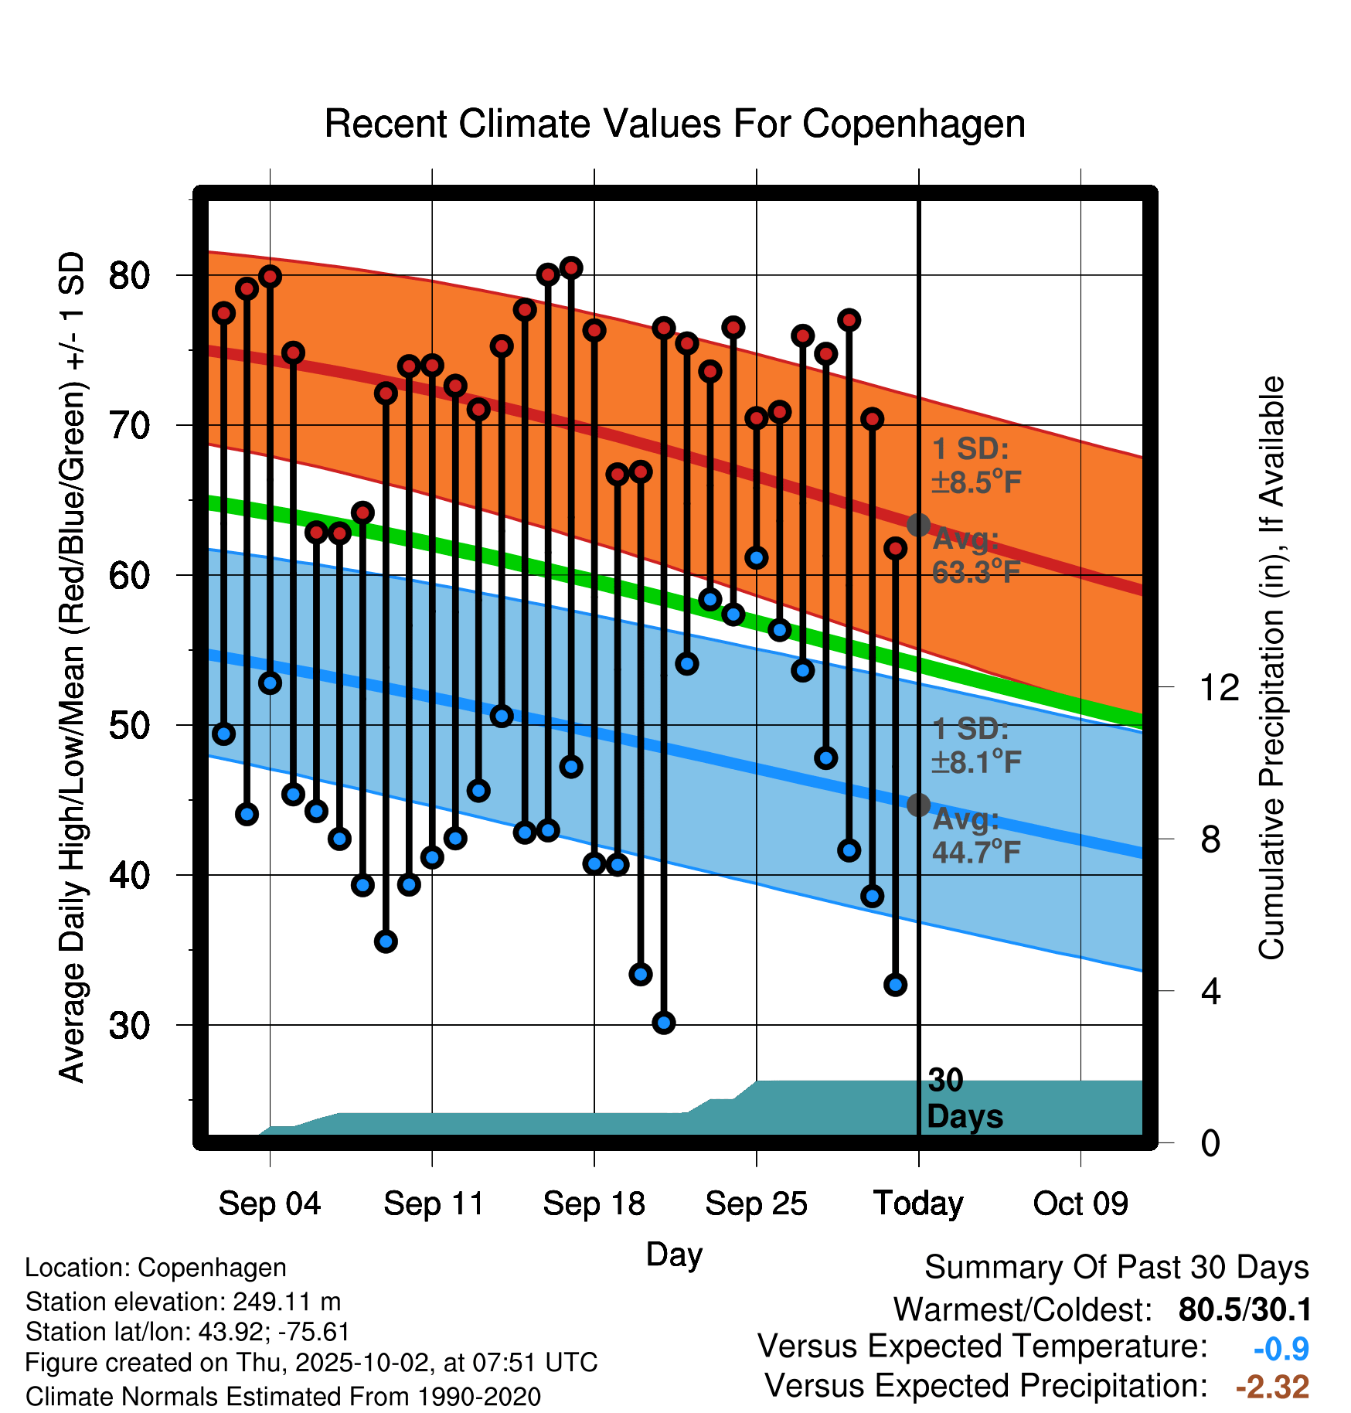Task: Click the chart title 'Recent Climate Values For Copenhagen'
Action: pos(675,124)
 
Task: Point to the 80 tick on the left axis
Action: pos(129,276)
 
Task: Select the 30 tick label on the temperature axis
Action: pos(129,1026)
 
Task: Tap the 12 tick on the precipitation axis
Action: pos(1220,687)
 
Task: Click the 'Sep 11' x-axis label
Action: pos(433,1204)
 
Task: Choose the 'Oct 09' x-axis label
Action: pos(1080,1204)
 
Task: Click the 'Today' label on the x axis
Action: pos(918,1204)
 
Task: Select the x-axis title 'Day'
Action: pos(674,1254)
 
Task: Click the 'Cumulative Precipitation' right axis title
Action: pos(1271,668)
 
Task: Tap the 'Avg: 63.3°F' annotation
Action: pos(975,556)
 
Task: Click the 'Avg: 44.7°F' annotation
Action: pos(975,836)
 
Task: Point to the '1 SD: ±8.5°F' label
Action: pos(975,465)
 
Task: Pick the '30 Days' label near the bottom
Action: pos(964,1099)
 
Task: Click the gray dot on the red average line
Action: pos(918,526)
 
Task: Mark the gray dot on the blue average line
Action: pos(918,805)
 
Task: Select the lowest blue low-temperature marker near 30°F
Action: pos(664,1023)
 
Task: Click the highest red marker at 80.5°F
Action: pos(571,268)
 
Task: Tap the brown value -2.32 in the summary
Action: pos(1272,1387)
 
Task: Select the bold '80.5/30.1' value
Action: pos(1244,1310)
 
